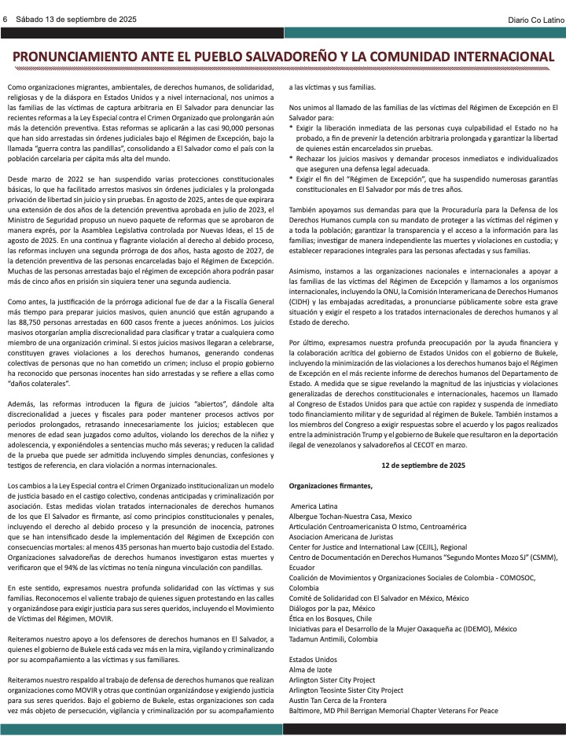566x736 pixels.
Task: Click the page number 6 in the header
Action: pos(6,19)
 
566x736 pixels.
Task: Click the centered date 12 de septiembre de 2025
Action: pos(424,465)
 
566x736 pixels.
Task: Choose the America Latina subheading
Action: pos(316,506)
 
